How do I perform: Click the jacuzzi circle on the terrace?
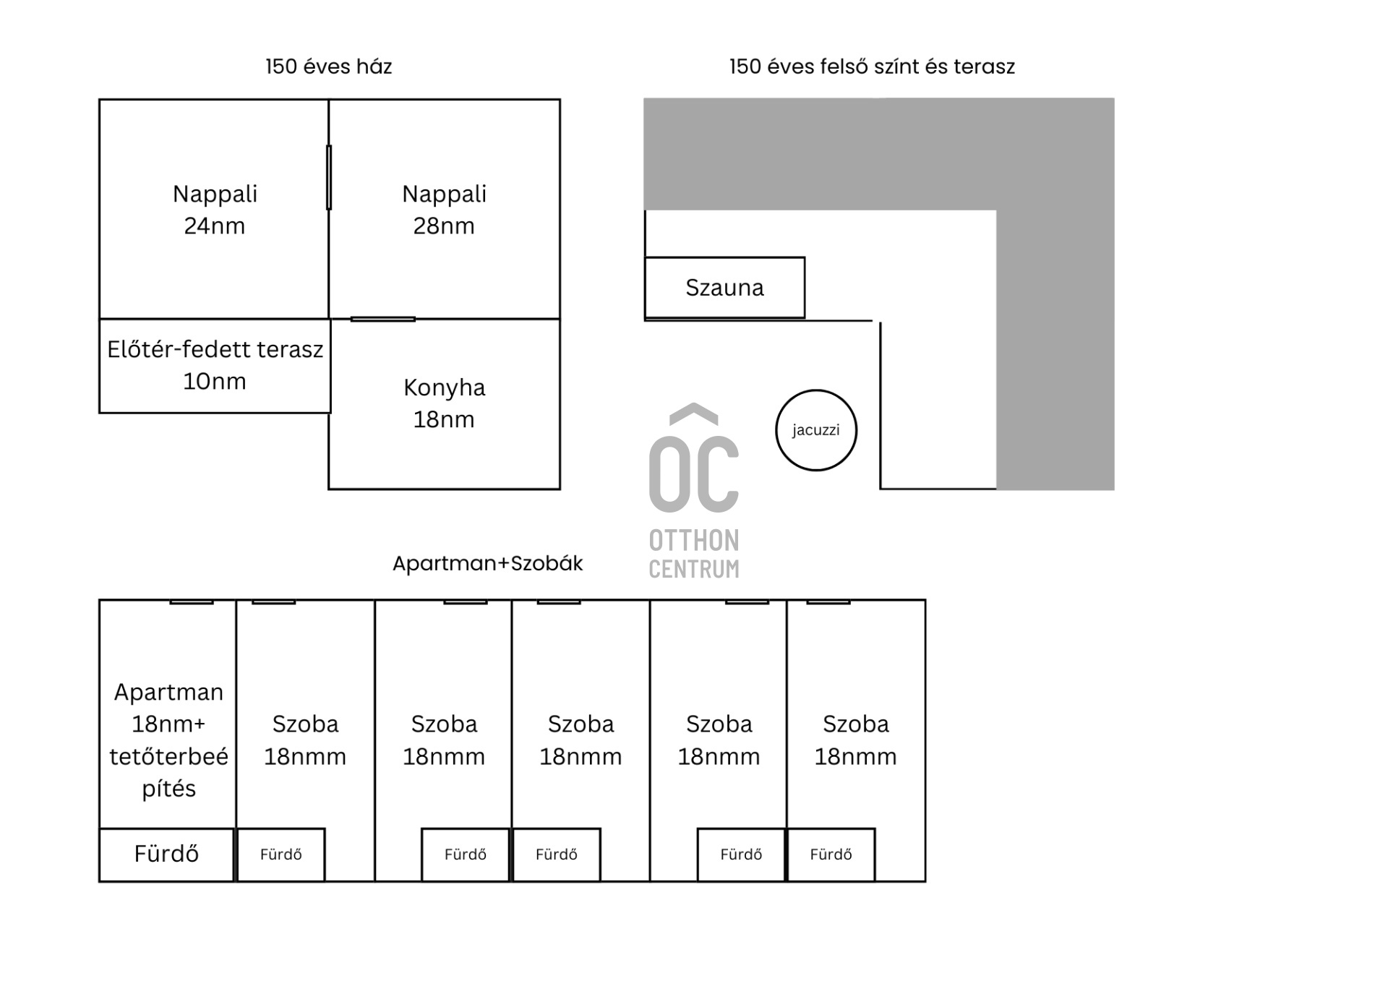pos(815,430)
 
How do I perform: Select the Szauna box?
pos(724,288)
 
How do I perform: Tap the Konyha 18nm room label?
pos(444,403)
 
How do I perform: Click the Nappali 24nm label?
pos(215,210)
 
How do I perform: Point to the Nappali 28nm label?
pos(444,210)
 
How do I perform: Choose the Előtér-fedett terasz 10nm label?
pos(215,365)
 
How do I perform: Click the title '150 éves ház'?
pos(328,67)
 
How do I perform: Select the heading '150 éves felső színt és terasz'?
pos(872,67)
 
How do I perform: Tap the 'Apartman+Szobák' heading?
pos(487,563)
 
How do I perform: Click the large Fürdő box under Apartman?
pos(166,854)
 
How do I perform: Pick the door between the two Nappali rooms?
pos(329,177)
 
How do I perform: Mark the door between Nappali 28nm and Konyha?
pos(382,319)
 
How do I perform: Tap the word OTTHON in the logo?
pos(693,541)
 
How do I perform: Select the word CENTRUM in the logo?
pos(693,570)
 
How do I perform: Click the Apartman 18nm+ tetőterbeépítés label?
pos(168,740)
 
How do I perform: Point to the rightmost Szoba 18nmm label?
pos(855,740)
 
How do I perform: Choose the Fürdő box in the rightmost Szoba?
pos(831,854)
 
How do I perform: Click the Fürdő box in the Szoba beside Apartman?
pos(280,854)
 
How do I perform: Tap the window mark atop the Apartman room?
pos(192,601)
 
